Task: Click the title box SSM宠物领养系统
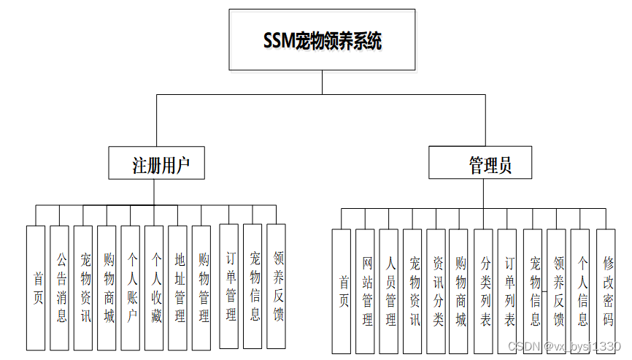tap(322, 40)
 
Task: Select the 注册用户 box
tap(156, 163)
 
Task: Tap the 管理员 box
tap(480, 163)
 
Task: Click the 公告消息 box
tap(60, 288)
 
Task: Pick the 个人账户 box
tap(131, 288)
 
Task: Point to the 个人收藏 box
tap(154, 288)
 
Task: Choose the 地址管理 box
tap(178, 288)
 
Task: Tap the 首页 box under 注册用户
tap(36, 288)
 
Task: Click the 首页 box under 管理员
tap(342, 291)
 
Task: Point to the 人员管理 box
tap(389, 291)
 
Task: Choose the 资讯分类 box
tap(436, 291)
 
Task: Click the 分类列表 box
tap(484, 291)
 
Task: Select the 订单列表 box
tap(508, 291)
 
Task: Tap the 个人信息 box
tap(580, 291)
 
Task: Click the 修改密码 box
tap(606, 291)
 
